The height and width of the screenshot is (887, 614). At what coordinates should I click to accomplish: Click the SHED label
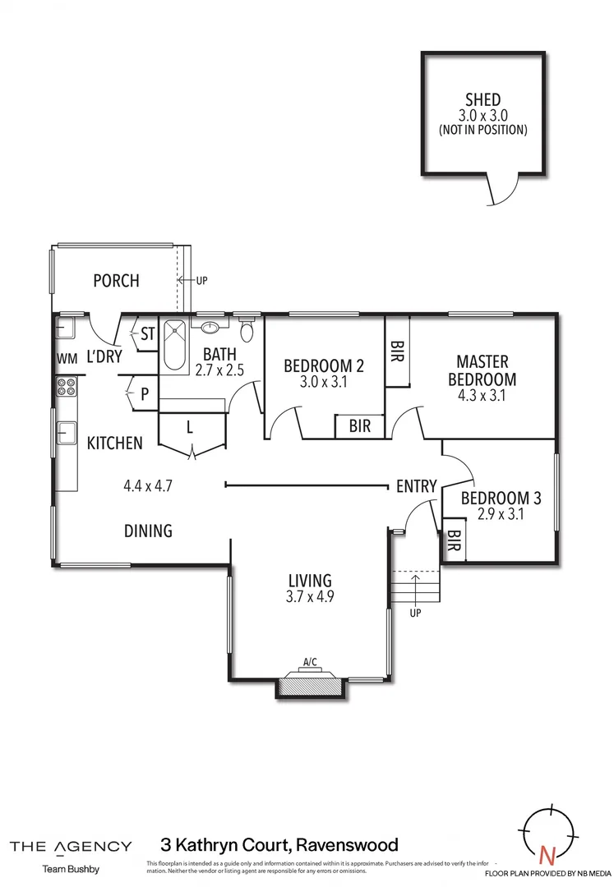pos(482,100)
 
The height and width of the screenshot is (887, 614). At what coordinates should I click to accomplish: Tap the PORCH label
pos(116,281)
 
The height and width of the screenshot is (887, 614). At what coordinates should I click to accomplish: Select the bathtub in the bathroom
pos(174,345)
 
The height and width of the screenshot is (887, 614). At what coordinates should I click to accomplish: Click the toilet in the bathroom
pos(246,330)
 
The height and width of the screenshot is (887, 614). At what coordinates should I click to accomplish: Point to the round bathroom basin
pos(211,327)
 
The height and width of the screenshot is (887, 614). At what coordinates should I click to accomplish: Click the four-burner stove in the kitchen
pos(66,387)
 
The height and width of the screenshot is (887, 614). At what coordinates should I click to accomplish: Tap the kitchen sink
pos(66,432)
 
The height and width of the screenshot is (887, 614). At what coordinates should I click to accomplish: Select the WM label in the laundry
pos(66,359)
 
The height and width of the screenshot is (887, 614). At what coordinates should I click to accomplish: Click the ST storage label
pos(148,334)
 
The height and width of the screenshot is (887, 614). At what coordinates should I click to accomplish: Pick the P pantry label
pos(144,393)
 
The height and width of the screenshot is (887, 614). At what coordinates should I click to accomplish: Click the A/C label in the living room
pos(310,662)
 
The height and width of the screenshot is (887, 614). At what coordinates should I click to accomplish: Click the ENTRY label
pos(416,486)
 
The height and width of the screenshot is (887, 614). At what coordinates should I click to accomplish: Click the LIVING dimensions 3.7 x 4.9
pos(309,597)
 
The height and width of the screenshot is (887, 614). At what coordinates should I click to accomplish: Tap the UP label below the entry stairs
pos(415,613)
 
